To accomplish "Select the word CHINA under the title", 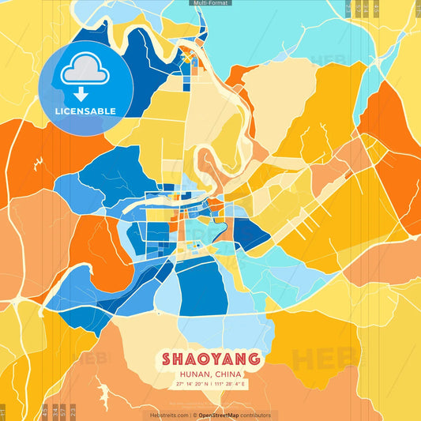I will (x=227, y=374).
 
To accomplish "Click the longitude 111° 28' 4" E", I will (x=231, y=384).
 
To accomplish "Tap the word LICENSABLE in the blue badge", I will (x=85, y=111).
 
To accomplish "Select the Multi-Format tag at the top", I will (x=210, y=3).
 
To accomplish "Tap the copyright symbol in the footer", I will (x=194, y=415).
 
